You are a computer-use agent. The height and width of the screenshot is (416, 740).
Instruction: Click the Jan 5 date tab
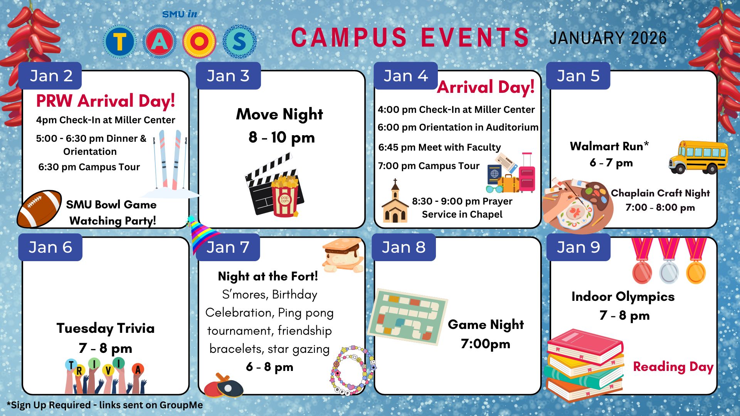(578, 76)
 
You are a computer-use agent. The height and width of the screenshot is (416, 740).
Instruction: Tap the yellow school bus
(698, 157)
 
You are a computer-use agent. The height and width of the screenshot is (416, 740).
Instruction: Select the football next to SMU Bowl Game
(39, 208)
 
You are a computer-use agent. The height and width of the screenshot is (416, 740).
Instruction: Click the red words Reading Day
(673, 367)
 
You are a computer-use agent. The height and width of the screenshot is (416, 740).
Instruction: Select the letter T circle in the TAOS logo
(120, 41)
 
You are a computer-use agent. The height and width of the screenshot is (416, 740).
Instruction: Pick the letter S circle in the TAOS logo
(239, 41)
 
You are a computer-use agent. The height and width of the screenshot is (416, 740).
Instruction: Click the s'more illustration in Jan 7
(343, 255)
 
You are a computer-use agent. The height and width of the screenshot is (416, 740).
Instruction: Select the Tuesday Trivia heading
(106, 328)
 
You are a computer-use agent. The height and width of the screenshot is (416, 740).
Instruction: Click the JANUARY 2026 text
(608, 38)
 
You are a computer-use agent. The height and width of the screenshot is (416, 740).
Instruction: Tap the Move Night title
(279, 114)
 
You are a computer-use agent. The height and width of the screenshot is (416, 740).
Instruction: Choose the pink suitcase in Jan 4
(527, 174)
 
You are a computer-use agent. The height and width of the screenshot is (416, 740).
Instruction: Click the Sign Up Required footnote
(105, 405)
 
